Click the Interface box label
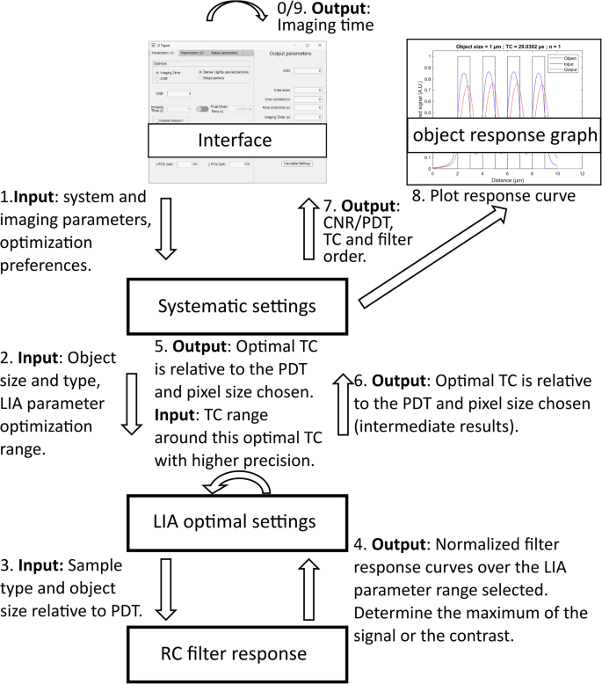coord(235,140)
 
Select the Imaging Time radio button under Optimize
coord(156,72)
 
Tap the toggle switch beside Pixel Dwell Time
coord(202,109)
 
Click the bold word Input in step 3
coord(41,566)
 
